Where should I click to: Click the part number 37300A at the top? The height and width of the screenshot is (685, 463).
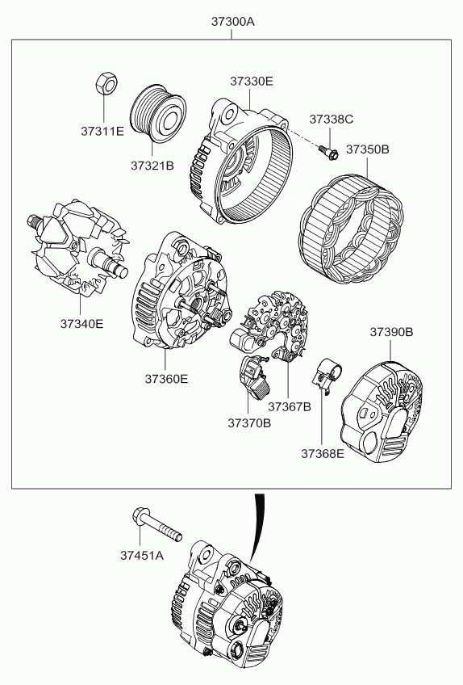tap(232, 21)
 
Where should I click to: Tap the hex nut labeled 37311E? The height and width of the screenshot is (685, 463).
tap(106, 82)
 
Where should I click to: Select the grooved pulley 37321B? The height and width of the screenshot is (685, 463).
tap(158, 114)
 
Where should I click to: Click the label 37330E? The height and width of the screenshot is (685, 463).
tap(252, 82)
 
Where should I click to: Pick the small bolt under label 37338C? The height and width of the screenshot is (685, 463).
tap(329, 152)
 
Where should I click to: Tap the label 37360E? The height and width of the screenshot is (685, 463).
tap(166, 379)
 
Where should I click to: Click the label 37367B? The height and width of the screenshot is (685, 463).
tap(290, 407)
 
